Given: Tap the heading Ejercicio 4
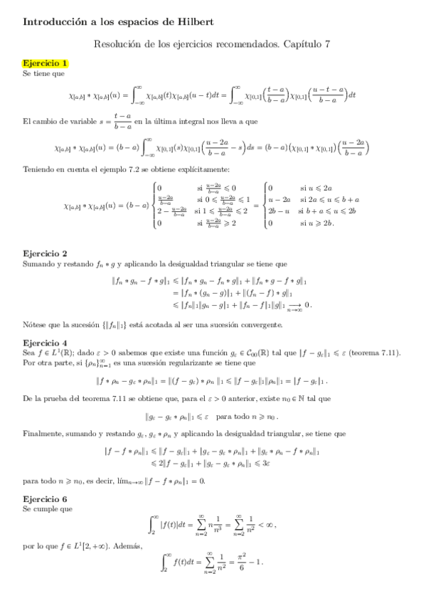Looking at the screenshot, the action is (x=46, y=342).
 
